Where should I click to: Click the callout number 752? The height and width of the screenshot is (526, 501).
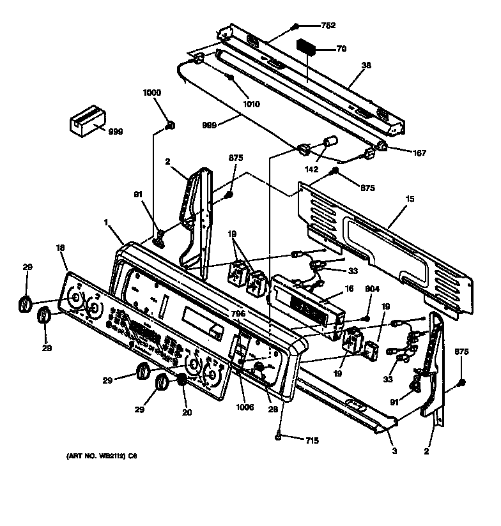click(328, 26)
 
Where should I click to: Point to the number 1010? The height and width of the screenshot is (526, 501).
click(251, 104)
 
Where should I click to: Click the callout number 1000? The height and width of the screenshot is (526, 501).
click(152, 93)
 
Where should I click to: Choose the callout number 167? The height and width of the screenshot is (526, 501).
click(419, 153)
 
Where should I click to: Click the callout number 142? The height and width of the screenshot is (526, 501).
click(312, 170)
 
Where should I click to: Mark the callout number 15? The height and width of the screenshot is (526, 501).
click(410, 199)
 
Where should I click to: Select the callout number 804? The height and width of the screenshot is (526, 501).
click(373, 289)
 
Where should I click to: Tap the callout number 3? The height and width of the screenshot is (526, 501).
click(394, 451)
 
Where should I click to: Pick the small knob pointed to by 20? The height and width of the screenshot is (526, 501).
click(182, 381)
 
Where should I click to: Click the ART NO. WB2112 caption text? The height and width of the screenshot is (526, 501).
click(102, 456)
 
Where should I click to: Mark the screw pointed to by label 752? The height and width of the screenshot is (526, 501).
click(297, 26)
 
